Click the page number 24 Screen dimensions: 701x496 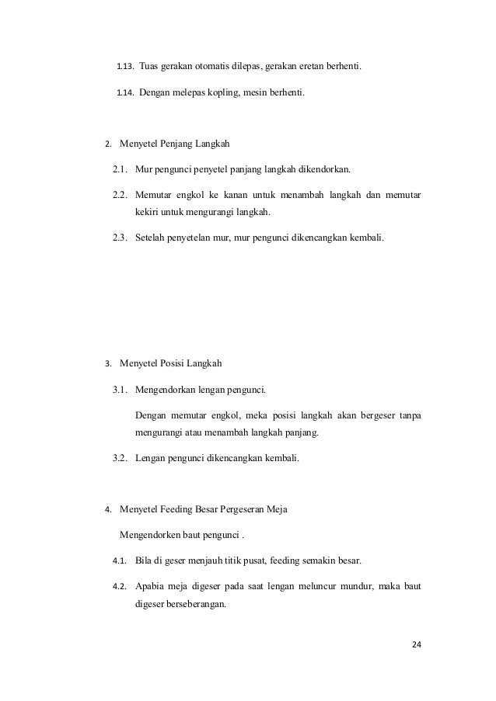click(417, 644)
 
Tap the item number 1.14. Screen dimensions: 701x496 click(125, 94)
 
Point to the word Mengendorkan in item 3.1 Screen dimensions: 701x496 click(166, 388)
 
